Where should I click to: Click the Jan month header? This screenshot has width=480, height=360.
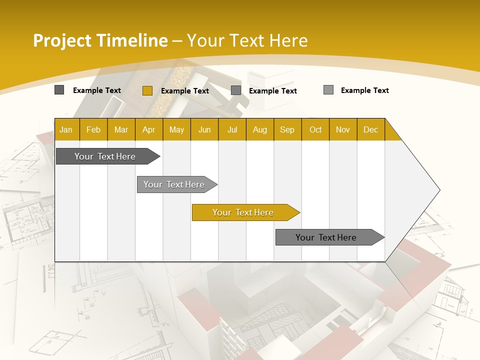pyautogui.click(x=66, y=129)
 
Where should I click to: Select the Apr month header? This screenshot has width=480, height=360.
pyautogui.click(x=148, y=129)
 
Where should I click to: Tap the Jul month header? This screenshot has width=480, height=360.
pyautogui.click(x=232, y=129)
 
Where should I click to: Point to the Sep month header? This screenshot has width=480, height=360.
pyautogui.click(x=287, y=129)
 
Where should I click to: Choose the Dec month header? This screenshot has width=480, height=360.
pyautogui.click(x=370, y=129)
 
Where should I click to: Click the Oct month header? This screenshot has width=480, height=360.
pyautogui.click(x=315, y=129)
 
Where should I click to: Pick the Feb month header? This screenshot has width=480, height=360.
pyautogui.click(x=93, y=129)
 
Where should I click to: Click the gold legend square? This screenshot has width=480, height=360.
pyautogui.click(x=147, y=90)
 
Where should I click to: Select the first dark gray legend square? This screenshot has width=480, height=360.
pyautogui.click(x=59, y=90)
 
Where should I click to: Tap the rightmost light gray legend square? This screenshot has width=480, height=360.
pyautogui.click(x=328, y=90)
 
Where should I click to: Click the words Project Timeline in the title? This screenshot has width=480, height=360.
pyautogui.click(x=100, y=40)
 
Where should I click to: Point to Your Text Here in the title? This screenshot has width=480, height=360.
pyautogui.click(x=247, y=40)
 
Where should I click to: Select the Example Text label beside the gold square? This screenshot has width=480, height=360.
pyautogui.click(x=185, y=91)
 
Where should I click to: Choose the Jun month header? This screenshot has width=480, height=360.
pyautogui.click(x=204, y=129)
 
